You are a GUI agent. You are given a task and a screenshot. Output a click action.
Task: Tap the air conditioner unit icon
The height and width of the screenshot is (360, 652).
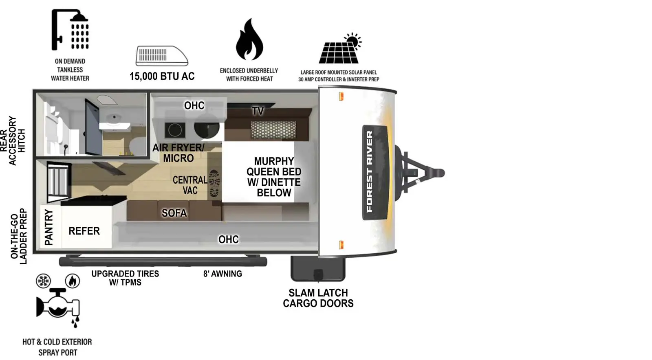(x=162, y=56)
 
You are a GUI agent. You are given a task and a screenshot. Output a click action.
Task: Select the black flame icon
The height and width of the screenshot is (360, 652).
(x=249, y=40)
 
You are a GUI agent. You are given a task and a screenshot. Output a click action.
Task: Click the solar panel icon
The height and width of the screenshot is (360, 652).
(x=339, y=49)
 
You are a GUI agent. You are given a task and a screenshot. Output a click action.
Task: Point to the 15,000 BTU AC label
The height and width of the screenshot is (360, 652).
(x=162, y=76)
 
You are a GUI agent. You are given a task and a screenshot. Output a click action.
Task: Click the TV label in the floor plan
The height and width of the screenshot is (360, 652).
(x=258, y=111)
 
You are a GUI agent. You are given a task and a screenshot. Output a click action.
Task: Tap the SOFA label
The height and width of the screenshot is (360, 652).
(x=174, y=213)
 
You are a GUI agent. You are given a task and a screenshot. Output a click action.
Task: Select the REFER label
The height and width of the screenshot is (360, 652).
(x=84, y=231)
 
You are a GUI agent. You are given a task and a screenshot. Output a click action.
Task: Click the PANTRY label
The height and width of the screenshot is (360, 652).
(x=48, y=227)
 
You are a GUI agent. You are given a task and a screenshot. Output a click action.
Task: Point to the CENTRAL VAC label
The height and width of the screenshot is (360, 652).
(x=189, y=185)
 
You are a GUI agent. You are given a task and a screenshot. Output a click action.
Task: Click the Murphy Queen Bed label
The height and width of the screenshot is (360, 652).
(x=274, y=177)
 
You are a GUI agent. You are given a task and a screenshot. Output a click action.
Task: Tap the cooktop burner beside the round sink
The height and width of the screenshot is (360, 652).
(x=175, y=130)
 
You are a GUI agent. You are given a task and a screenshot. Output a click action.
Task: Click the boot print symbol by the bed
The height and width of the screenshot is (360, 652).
(x=214, y=183)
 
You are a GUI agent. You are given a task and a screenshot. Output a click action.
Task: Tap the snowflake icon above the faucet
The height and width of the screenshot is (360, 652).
(x=43, y=281)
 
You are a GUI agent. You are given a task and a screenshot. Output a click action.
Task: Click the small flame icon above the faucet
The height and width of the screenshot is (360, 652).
(x=73, y=281)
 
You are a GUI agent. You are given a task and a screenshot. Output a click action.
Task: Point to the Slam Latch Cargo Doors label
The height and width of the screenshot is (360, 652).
(x=318, y=298)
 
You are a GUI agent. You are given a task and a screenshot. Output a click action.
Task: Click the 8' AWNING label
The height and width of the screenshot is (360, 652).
(x=222, y=274)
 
